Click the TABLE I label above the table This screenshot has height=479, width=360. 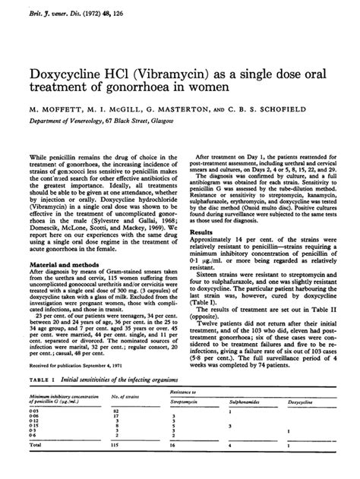[x=39, y=379]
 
